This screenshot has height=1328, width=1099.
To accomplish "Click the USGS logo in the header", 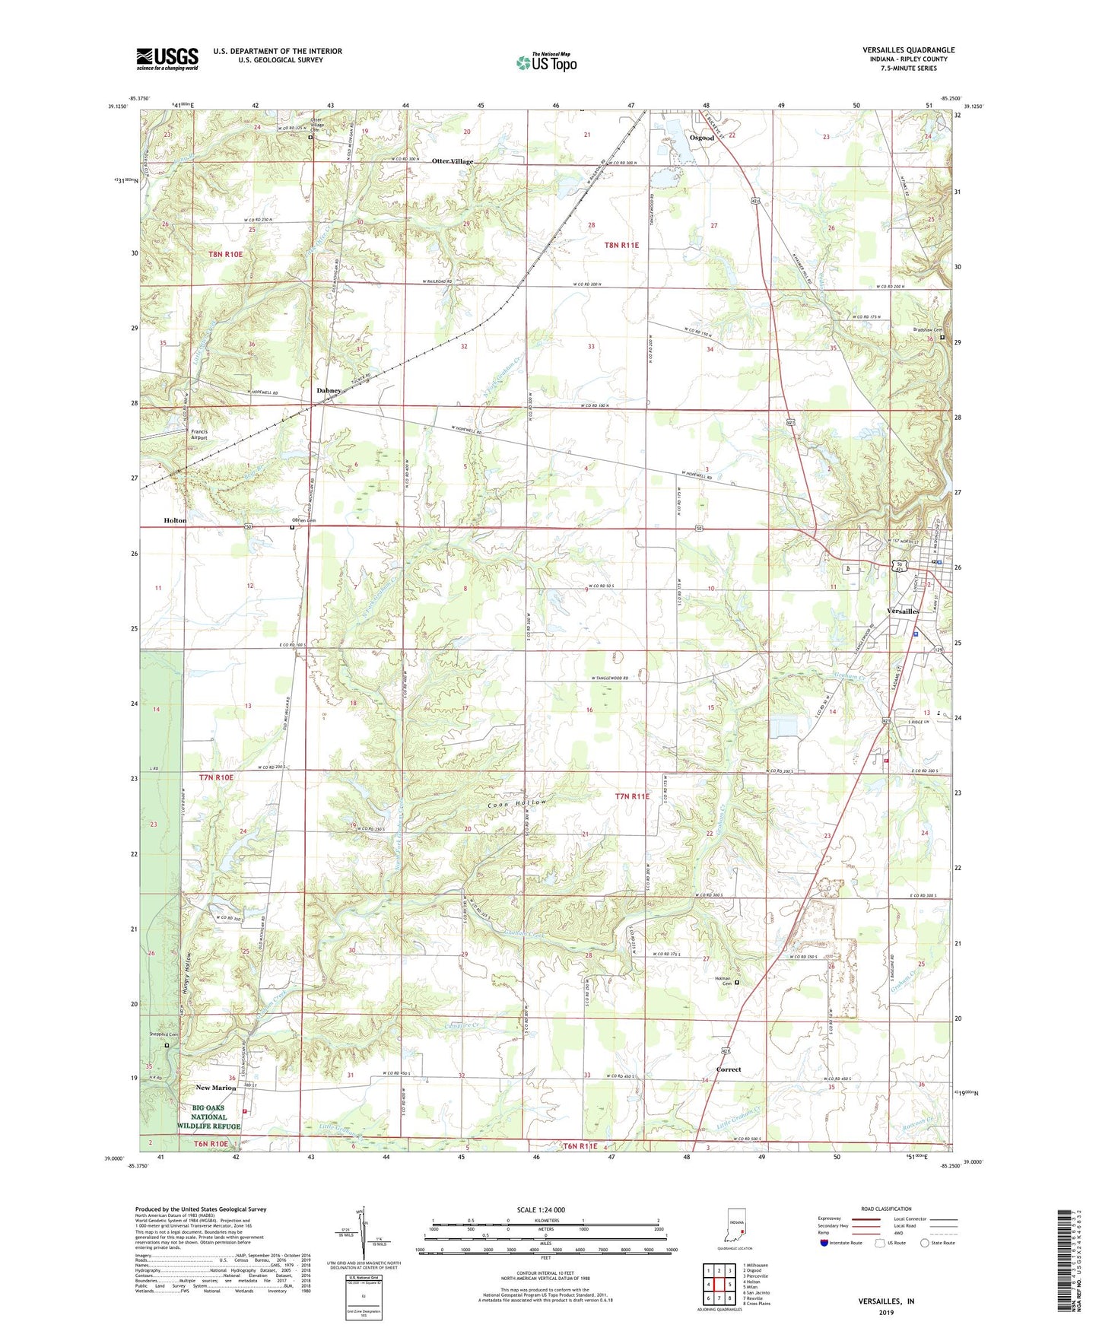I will (x=167, y=59).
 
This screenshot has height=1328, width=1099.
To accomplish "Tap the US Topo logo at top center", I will (x=545, y=62).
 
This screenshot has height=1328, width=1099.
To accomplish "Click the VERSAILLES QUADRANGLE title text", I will (x=908, y=50).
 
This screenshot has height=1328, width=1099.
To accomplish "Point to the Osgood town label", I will (x=701, y=138).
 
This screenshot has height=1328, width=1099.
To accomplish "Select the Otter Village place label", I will (x=453, y=161).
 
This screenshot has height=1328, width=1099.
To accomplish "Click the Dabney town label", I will (x=329, y=391).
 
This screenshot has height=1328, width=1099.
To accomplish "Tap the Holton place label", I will (x=175, y=520).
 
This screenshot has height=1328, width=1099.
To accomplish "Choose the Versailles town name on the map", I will (x=904, y=612).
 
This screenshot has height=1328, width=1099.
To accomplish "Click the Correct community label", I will (x=728, y=1069).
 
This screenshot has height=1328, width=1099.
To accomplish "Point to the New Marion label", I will (x=215, y=1088).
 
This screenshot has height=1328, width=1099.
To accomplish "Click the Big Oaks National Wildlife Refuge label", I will (x=208, y=1117).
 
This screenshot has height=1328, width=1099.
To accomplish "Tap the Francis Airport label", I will (x=199, y=434).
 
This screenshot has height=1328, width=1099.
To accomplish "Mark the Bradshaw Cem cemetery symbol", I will (x=942, y=337).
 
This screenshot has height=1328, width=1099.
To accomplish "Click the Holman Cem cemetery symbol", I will (x=736, y=983).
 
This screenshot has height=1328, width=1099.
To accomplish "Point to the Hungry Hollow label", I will (x=187, y=975).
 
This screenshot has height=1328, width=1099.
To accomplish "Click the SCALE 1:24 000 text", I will (x=541, y=1210).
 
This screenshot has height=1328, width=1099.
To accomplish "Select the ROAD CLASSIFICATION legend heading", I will (x=886, y=1209).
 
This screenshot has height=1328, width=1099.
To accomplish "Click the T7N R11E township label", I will (x=632, y=796).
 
